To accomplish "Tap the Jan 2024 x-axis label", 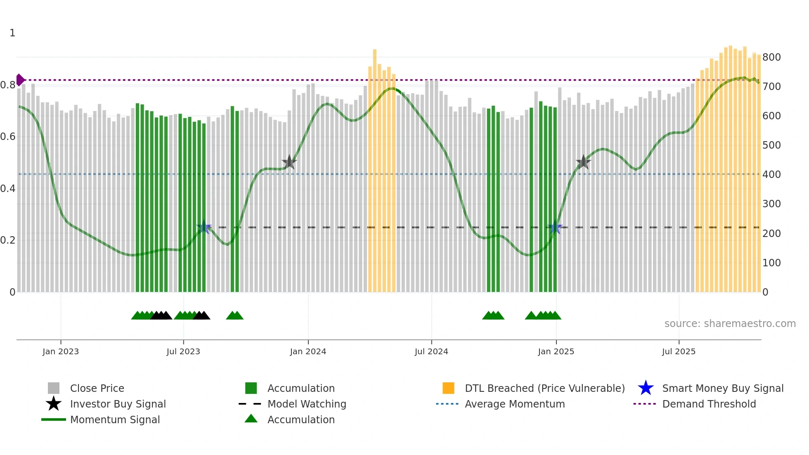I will pyautogui.click(x=308, y=351).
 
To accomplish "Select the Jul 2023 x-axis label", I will pyautogui.click(x=183, y=351).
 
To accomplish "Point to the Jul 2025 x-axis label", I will pyautogui.click(x=679, y=351).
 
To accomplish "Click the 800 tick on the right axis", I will pyautogui.click(x=771, y=57).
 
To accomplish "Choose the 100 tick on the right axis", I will pyautogui.click(x=771, y=263).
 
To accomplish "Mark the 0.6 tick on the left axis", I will pyautogui.click(x=8, y=137).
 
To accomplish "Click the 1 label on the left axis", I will pyautogui.click(x=12, y=33).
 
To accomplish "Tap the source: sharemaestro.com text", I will pyautogui.click(x=730, y=324).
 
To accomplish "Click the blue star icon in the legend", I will pyautogui.click(x=646, y=388).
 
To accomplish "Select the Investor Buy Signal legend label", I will pyautogui.click(x=118, y=404).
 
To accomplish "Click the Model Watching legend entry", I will pyautogui.click(x=307, y=404).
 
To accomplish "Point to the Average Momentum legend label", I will pyautogui.click(x=515, y=404).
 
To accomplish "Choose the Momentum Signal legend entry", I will pyautogui.click(x=115, y=419).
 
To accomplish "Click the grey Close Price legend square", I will pyautogui.click(x=54, y=388).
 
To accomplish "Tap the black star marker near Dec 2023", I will pyautogui.click(x=289, y=162).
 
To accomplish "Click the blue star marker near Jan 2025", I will pyautogui.click(x=556, y=227).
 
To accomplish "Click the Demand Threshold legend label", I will pyautogui.click(x=709, y=404).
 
